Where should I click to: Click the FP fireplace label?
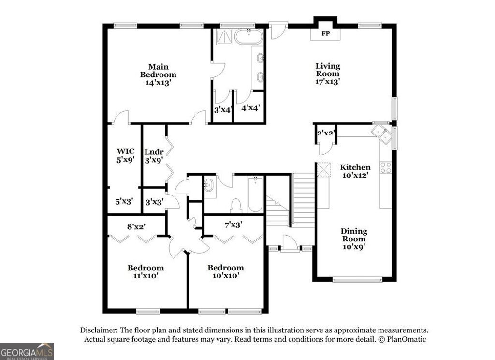click(326, 34)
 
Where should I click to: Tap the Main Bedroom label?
click(158, 75)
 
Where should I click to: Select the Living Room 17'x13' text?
click(328, 74)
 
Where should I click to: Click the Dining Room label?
click(353, 239)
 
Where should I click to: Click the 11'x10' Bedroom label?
click(146, 271)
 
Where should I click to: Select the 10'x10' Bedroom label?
click(225, 271)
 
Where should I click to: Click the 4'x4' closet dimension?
click(251, 108)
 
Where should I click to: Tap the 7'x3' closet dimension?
click(233, 225)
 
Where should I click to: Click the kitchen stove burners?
click(386, 167)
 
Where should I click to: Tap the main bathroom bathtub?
click(249, 37)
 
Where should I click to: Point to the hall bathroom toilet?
click(236, 206)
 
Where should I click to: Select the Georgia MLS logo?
click(27, 351)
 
